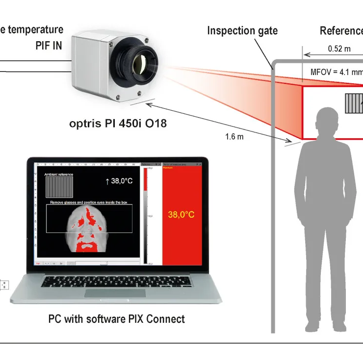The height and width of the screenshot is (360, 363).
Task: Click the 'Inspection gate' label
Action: (242, 30)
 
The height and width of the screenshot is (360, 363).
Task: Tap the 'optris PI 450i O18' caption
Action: (118, 123)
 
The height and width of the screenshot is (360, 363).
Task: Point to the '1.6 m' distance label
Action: (234, 136)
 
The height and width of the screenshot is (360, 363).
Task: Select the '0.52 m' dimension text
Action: (339, 49)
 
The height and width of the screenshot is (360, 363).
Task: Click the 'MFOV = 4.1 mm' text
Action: (337, 72)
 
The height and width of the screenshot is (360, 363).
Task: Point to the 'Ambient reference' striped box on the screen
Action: (59, 187)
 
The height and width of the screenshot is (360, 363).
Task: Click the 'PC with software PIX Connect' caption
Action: (116, 319)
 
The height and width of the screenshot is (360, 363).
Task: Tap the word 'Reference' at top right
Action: (341, 31)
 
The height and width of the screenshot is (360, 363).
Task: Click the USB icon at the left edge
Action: (3, 284)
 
